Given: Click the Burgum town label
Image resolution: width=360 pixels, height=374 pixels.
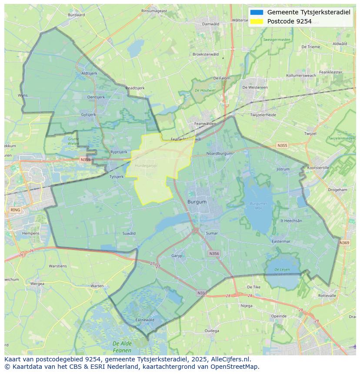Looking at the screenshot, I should (197, 202).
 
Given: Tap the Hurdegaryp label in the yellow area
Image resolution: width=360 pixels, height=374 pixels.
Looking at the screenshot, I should (145, 165).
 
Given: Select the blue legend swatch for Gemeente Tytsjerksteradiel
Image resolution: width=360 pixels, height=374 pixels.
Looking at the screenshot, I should (257, 12).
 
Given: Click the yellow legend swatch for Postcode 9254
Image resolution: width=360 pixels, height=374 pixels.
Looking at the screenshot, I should (257, 21).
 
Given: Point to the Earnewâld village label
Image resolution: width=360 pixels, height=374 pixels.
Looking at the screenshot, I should (145, 320).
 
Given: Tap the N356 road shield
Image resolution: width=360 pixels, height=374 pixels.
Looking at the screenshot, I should (214, 253).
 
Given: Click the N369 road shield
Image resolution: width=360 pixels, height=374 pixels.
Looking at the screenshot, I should (344, 243).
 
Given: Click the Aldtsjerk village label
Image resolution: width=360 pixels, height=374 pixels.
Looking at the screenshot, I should (89, 73).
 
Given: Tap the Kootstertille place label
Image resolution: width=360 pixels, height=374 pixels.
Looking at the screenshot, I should (318, 168).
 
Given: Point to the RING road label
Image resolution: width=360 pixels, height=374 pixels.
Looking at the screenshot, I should (15, 210).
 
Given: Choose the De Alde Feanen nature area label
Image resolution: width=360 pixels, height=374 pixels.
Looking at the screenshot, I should (122, 347).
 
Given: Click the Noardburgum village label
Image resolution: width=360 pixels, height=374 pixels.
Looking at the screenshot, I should (219, 153).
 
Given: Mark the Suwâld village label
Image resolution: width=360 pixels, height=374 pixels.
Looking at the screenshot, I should (129, 233).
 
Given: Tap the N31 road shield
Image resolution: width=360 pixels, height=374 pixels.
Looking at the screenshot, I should (201, 293).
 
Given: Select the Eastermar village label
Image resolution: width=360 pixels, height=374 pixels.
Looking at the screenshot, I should (280, 241).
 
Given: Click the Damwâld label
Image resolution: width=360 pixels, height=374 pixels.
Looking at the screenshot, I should (210, 24).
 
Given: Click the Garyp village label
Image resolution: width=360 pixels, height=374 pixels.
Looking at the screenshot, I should (177, 256).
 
